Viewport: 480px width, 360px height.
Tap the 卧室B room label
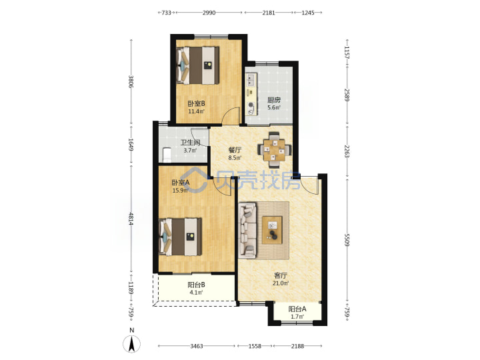pyautogui.click(x=196, y=103)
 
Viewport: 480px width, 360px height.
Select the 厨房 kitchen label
pyautogui.click(x=274, y=100)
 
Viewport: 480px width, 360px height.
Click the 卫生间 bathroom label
pyautogui.click(x=190, y=143)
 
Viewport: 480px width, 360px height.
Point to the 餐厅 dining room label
pyautogui.click(x=235, y=150)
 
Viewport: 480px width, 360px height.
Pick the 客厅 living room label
pyautogui.click(x=281, y=275)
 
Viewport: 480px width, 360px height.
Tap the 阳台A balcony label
pyautogui.click(x=297, y=309)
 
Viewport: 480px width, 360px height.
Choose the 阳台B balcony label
pyautogui.click(x=196, y=285)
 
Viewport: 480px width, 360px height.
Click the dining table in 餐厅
pyautogui.click(x=274, y=150)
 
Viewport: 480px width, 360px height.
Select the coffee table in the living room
pyautogui.click(x=272, y=230)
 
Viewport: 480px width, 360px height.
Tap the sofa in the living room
pyautogui.click(x=247, y=229)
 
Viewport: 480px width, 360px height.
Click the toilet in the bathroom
pyautogui.click(x=166, y=155)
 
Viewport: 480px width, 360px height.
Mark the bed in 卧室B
pyautogui.click(x=198, y=65)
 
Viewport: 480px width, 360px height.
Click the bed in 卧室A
pyautogui.click(x=180, y=236)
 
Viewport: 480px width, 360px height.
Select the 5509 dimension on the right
pyautogui.click(x=347, y=240)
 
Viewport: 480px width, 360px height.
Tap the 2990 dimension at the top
pyautogui.click(x=209, y=13)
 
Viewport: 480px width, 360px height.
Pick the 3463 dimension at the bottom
pyautogui.click(x=197, y=346)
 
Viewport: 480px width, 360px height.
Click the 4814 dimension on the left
pyautogui.click(x=131, y=219)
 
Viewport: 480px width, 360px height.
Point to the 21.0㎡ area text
pyautogui.click(x=281, y=283)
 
